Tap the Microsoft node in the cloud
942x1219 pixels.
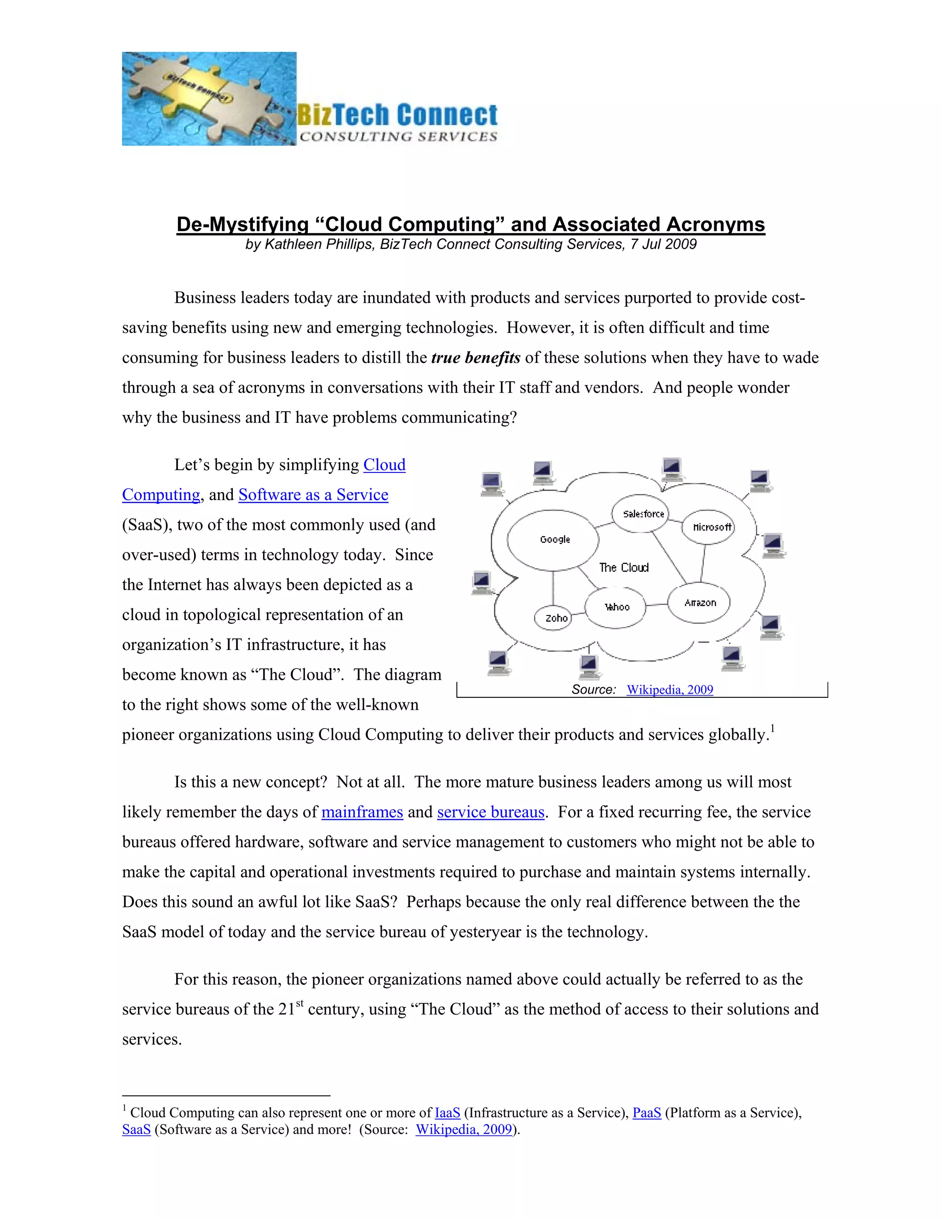[x=709, y=527]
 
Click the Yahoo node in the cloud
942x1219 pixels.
[x=615, y=607]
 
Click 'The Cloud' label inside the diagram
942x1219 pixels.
[x=624, y=568]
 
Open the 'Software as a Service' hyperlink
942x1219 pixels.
[x=313, y=495]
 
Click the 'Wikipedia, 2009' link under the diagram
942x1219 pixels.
[x=670, y=690]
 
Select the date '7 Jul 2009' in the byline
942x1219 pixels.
[x=663, y=244]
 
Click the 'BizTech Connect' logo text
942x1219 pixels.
[x=397, y=115]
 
